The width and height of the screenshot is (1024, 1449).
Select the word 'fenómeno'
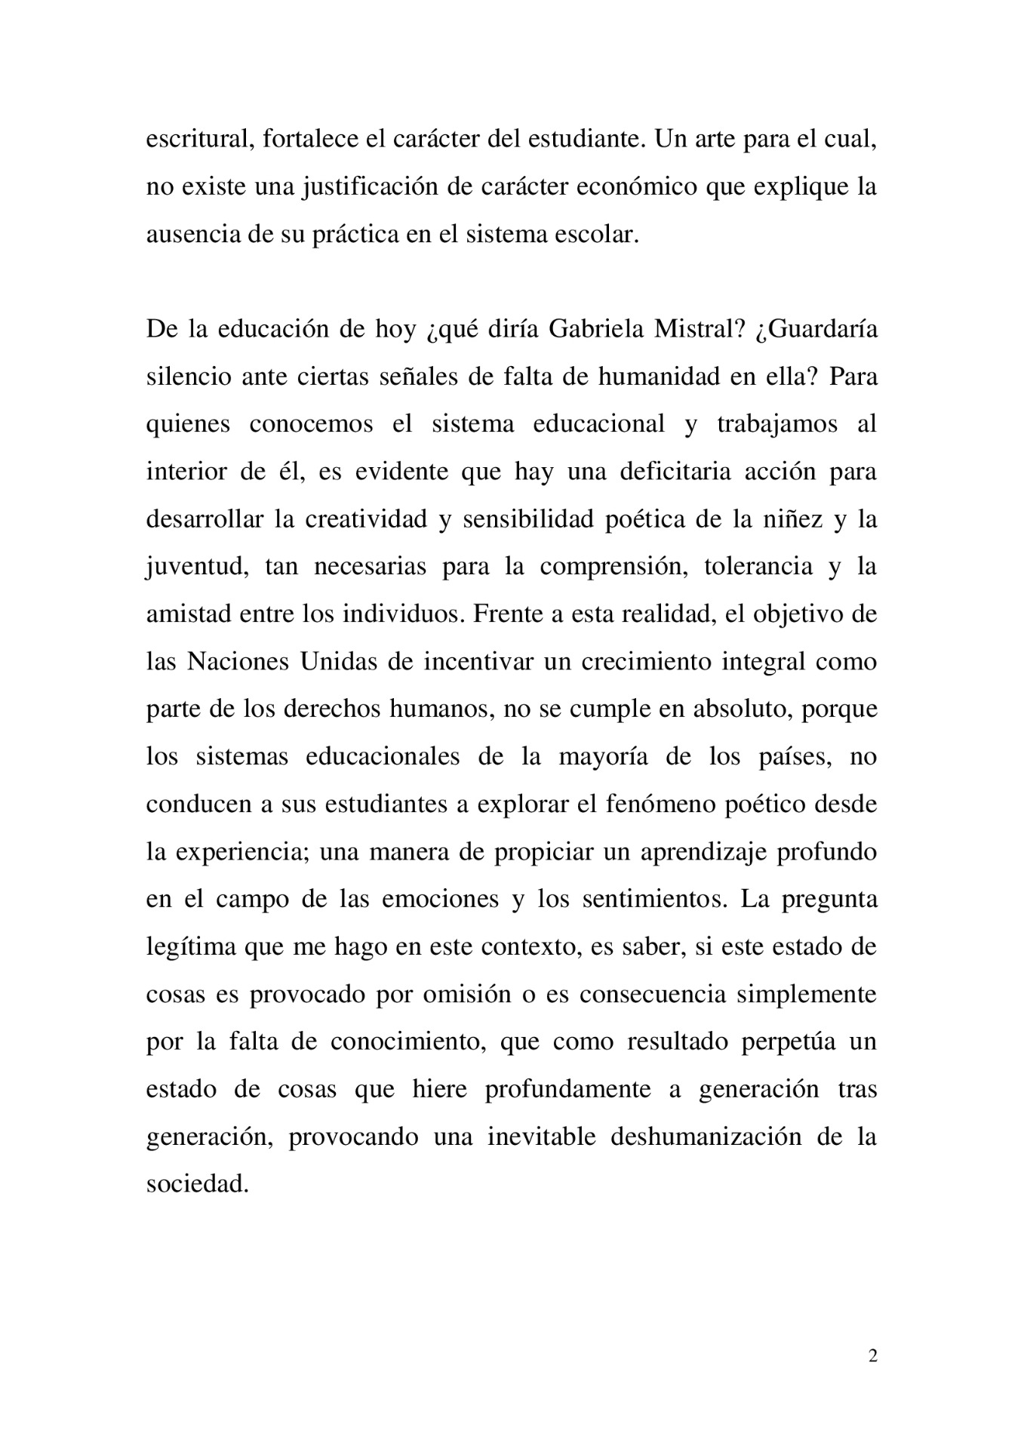pyautogui.click(x=652, y=804)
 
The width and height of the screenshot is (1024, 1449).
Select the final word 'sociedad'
pyautogui.click(x=196, y=1184)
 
